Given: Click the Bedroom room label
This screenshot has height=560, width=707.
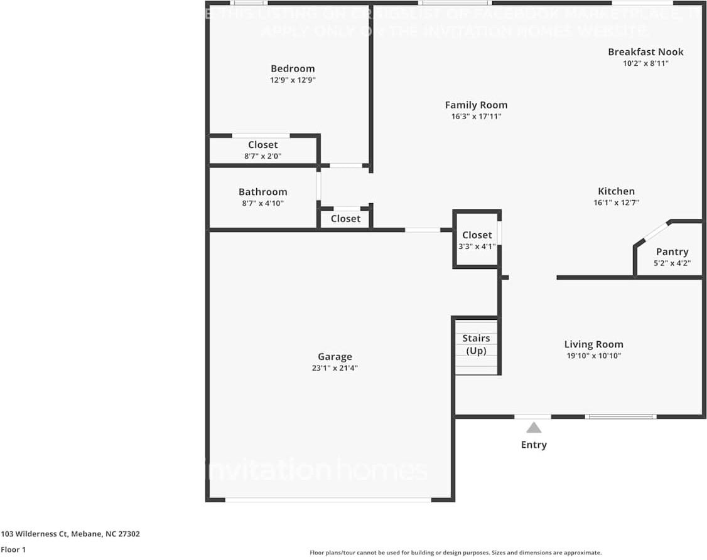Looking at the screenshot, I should coord(293,68).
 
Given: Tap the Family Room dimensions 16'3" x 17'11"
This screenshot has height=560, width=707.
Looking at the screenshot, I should coord(476,117).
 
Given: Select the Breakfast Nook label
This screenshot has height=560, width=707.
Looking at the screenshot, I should coord(645,51).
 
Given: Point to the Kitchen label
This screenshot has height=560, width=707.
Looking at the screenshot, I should coord(616,191).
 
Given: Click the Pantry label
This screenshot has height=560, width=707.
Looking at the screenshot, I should coord(672,251).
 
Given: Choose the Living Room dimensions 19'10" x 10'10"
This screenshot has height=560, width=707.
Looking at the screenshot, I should coord(593,356).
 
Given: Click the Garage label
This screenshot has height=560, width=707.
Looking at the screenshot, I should coord(334,357).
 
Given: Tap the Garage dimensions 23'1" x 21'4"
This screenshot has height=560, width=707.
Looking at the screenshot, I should coord(334,368).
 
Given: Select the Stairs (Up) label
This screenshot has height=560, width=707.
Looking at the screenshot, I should coord(476,344).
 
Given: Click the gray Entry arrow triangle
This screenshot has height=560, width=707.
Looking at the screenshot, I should coord(534,428).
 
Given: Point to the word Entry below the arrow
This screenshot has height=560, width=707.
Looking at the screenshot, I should coord(534,445).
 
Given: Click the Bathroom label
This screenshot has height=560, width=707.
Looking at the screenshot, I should coord(262,192).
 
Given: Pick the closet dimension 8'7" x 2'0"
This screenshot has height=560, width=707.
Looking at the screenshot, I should coord(262,156).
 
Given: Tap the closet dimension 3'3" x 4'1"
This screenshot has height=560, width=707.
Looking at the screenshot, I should coord(477,246).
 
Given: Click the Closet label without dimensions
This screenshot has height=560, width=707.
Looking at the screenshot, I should coord(345,218).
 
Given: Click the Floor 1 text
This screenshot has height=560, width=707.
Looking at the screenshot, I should coord(13,549).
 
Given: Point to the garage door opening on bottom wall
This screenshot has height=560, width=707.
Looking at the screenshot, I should coord(328,500).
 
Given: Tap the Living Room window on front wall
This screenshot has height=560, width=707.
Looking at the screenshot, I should coord(620,416).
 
